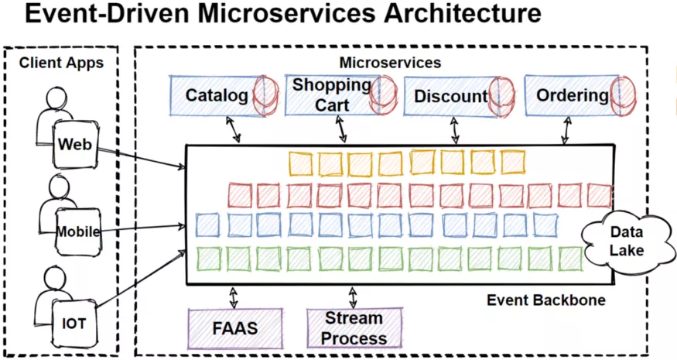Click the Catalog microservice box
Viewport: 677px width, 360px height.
click(217, 96)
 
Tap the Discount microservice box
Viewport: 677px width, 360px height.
click(451, 97)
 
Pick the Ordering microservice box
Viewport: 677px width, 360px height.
click(573, 95)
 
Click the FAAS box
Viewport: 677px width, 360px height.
click(235, 327)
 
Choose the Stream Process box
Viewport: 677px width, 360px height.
click(354, 328)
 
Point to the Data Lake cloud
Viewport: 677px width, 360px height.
click(627, 241)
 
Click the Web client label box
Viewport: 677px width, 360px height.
click(75, 145)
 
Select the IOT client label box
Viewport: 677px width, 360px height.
click(74, 325)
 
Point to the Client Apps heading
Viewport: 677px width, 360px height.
click(61, 63)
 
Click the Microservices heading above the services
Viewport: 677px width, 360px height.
click(391, 62)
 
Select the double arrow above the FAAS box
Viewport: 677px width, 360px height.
click(233, 297)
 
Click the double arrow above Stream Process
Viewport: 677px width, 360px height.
click(354, 297)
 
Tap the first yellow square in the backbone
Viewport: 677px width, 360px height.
click(301, 163)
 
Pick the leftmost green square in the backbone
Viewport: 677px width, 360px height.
click(209, 258)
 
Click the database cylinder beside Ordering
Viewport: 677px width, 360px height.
click(622, 95)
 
